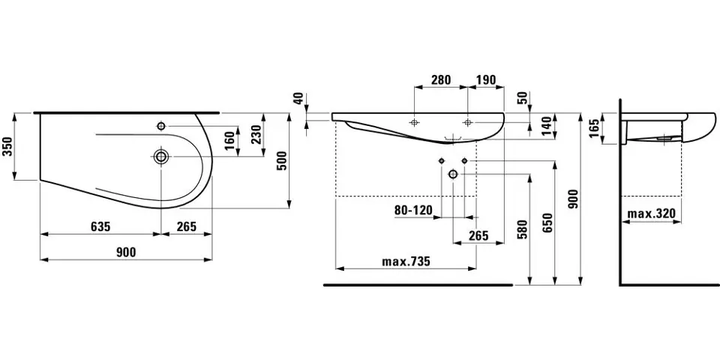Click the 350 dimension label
[7, 146]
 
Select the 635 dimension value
[100, 226]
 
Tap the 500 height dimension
[283, 160]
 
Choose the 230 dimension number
[256, 134]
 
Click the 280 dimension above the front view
[440, 80]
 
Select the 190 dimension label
[485, 80]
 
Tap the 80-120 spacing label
[413, 210]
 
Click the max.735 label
[406, 262]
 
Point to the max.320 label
[651, 213]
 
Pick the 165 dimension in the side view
[594, 129]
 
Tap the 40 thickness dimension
[300, 97]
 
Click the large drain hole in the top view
[161, 157]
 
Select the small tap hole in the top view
[161, 126]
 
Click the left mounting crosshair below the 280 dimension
[415, 122]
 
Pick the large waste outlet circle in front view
[453, 174]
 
